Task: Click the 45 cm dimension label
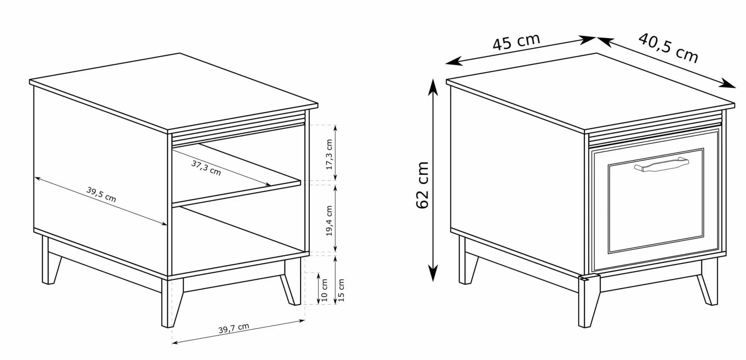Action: (x=516, y=41)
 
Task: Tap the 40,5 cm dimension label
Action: (x=669, y=48)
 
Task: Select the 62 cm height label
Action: (x=423, y=185)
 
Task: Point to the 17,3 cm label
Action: (x=329, y=154)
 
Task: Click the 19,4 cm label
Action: (x=329, y=221)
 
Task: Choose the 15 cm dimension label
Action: (x=341, y=290)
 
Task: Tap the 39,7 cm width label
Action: (x=234, y=328)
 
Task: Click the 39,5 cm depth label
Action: (x=101, y=194)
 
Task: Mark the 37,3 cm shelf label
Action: (x=206, y=167)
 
